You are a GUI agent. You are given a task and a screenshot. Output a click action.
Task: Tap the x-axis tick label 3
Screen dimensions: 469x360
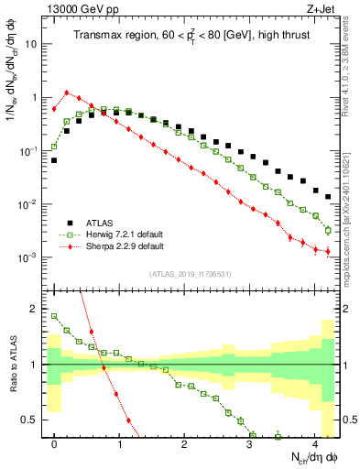(250, 443)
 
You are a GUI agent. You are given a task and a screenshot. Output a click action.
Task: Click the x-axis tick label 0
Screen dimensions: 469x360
(55, 443)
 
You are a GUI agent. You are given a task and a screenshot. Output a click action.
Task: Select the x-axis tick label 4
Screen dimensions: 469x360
(315, 443)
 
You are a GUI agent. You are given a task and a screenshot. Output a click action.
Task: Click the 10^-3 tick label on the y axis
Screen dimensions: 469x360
(29, 257)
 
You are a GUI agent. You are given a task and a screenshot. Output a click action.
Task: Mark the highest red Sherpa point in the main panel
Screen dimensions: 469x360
(67, 92)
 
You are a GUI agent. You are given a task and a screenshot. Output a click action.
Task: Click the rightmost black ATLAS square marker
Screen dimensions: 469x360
(328, 196)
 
